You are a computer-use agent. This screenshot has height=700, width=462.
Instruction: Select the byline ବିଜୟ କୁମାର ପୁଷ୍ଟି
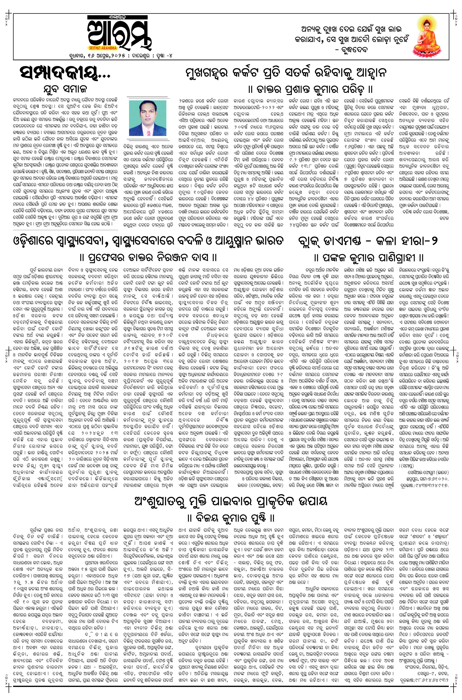point(231,517)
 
